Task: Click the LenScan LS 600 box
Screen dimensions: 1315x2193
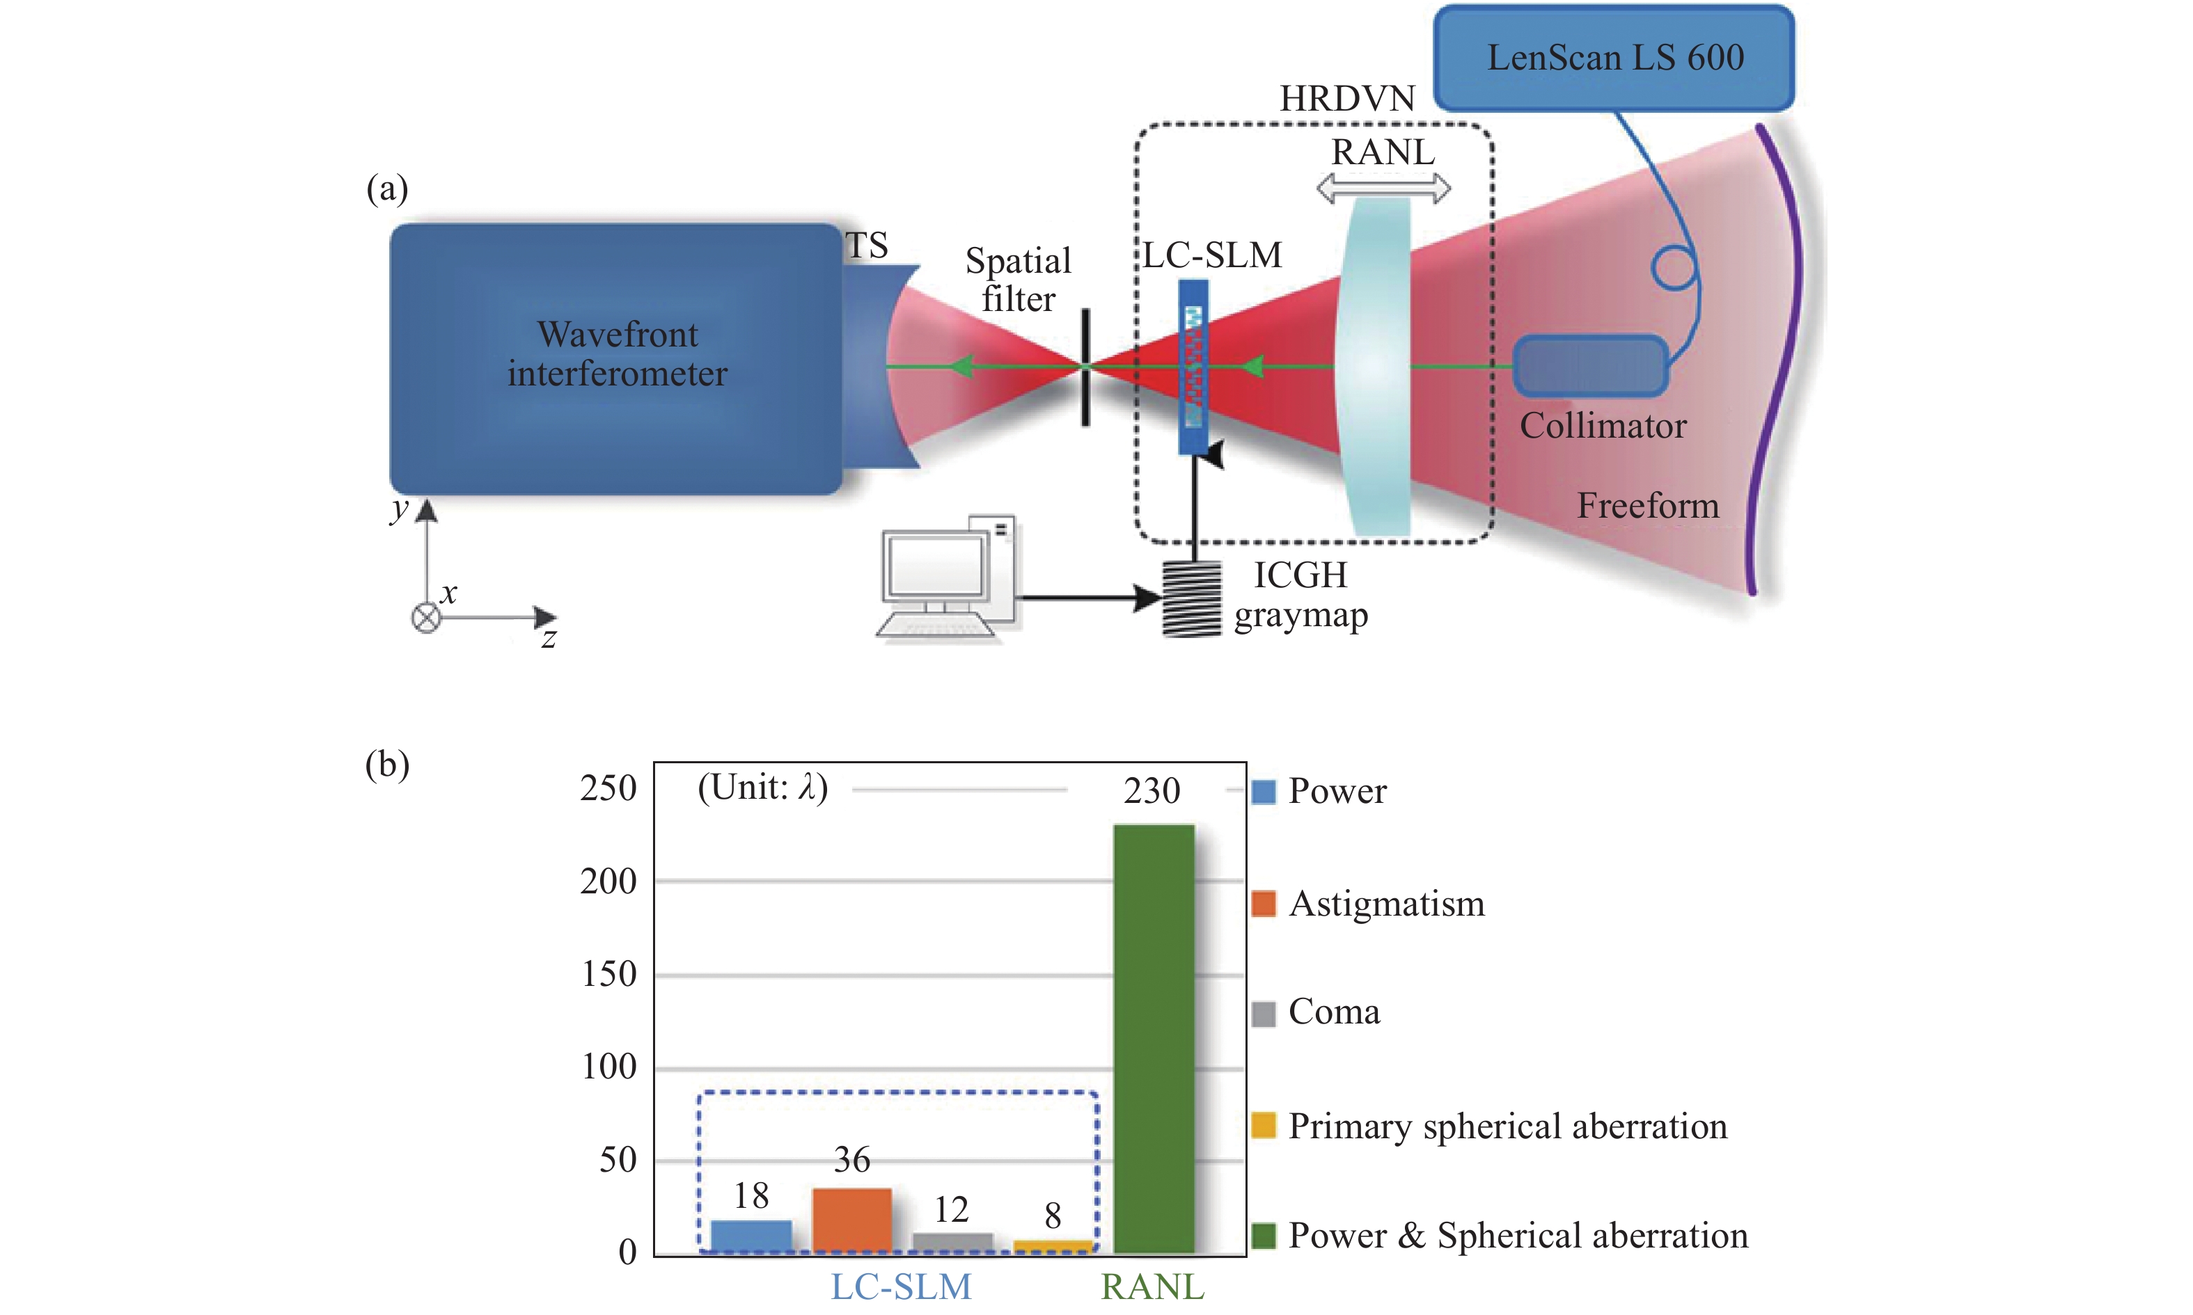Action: coord(1614,58)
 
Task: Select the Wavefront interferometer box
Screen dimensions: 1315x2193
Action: coord(616,358)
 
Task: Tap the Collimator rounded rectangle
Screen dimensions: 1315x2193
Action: coord(1590,365)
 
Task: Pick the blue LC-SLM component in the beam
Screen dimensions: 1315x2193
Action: coord(1193,367)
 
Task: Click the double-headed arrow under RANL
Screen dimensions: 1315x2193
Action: coord(1383,188)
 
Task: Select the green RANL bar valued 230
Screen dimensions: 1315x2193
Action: coord(1153,1037)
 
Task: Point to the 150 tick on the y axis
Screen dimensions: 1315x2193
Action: coord(609,974)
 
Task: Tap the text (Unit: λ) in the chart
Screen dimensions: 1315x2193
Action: coord(762,787)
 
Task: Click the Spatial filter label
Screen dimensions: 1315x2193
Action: coord(1019,279)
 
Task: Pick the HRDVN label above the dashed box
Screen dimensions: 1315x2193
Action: coord(1346,98)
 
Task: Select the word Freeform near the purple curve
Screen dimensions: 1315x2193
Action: coord(1647,505)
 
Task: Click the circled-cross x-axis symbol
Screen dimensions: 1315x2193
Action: coord(426,618)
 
